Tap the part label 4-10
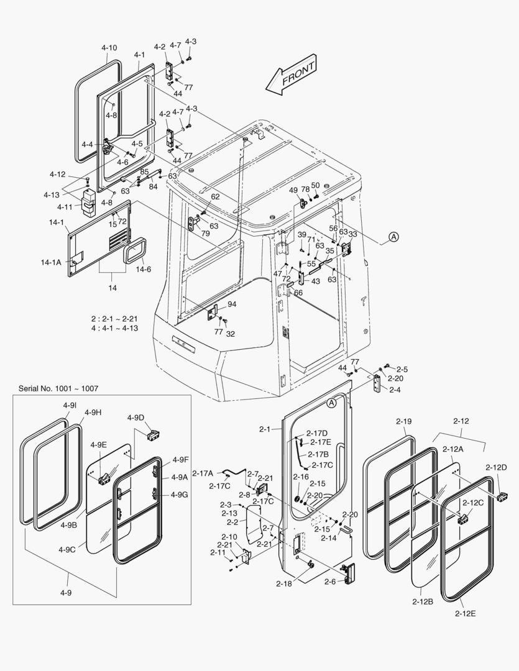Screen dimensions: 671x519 click(x=109, y=48)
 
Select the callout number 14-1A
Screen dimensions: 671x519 click(x=51, y=263)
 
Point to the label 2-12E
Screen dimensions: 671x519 click(x=465, y=614)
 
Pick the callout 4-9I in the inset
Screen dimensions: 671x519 click(x=69, y=405)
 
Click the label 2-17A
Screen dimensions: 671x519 click(x=203, y=473)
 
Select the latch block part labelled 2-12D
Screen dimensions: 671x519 click(x=503, y=496)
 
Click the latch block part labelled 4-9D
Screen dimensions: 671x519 click(x=152, y=434)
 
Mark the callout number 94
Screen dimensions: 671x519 click(x=232, y=304)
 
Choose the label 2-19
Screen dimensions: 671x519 click(x=403, y=421)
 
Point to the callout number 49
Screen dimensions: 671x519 click(x=293, y=190)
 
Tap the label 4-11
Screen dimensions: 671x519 click(x=65, y=206)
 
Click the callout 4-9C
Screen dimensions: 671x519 click(x=67, y=549)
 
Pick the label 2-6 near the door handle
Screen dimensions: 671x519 click(x=330, y=582)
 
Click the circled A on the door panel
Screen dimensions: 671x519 click(x=332, y=403)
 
